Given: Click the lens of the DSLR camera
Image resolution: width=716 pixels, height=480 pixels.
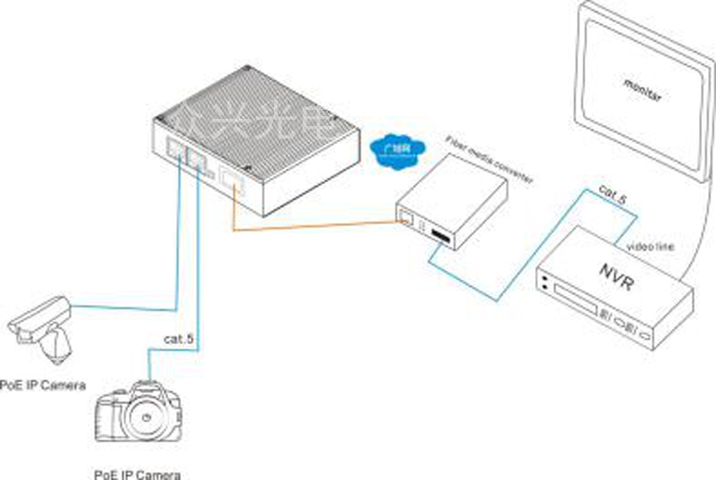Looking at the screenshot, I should pyautogui.click(x=143, y=417).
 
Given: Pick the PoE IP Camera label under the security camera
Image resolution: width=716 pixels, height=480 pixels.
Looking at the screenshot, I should pyautogui.click(x=43, y=385).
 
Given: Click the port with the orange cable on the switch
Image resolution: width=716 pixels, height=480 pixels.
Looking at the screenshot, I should pyautogui.click(x=232, y=183).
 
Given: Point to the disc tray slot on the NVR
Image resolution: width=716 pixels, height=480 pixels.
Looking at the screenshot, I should pyautogui.click(x=573, y=295).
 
